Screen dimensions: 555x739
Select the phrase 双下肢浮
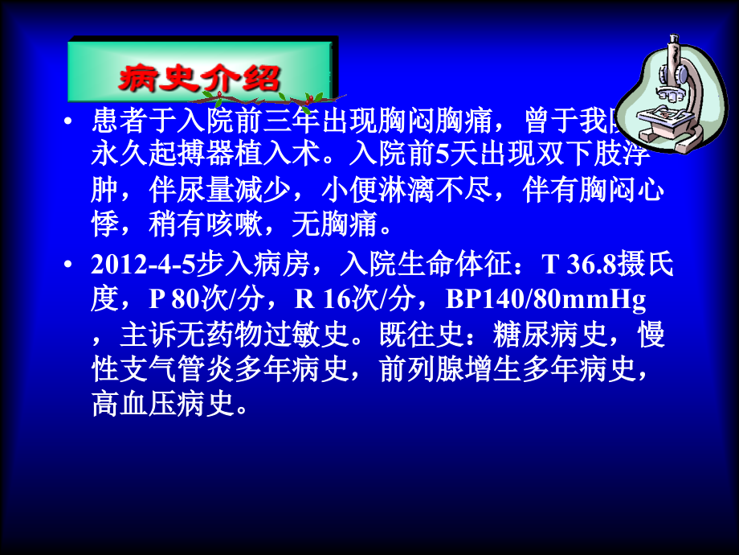611,154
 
